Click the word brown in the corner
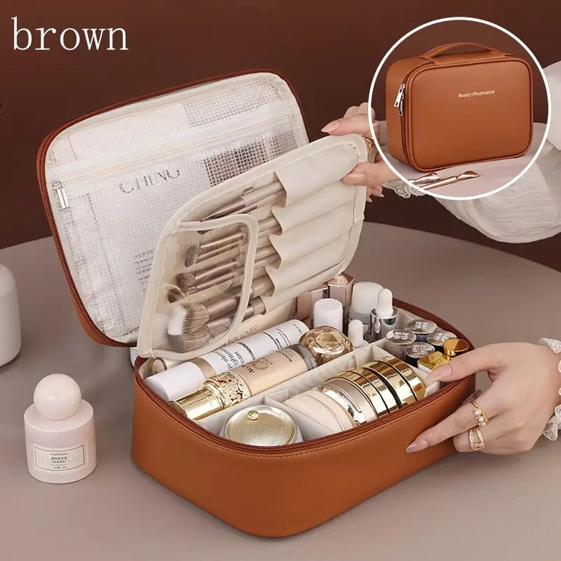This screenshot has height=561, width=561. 69,35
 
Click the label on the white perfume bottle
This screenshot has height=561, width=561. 59,454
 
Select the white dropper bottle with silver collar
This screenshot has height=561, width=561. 383,314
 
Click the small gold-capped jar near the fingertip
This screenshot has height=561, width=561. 454,348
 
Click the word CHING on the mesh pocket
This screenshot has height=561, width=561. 150,181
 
